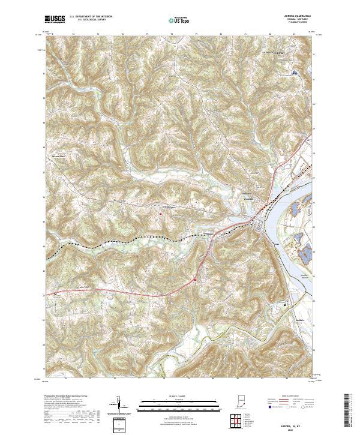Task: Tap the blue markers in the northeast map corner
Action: [294, 73]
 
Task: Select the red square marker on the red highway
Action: [195, 280]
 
